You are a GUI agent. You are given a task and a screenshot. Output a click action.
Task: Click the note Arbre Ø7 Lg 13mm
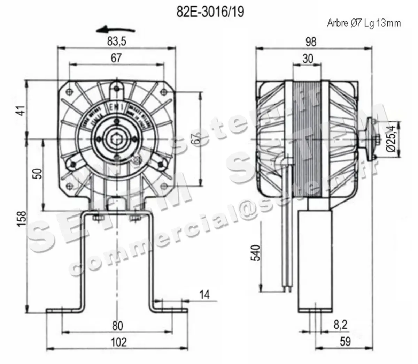364,23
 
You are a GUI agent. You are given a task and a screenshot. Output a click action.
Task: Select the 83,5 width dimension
116,41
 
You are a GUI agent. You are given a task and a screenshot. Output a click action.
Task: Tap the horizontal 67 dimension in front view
116,58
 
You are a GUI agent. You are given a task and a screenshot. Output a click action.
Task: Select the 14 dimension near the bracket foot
205,295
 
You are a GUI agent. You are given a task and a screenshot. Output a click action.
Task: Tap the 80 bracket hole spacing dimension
118,326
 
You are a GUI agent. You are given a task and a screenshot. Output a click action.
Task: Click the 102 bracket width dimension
118,342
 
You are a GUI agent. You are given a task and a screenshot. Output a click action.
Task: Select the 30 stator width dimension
308,58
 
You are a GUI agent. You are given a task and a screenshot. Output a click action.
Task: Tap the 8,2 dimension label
340,325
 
